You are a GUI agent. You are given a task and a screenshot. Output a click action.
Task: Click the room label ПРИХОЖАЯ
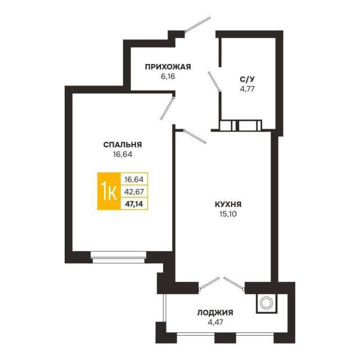click(168, 67)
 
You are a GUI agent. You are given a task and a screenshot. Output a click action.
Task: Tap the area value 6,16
click(168, 76)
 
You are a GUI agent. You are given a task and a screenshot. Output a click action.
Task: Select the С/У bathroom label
click(247, 79)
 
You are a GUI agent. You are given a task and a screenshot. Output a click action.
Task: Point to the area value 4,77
click(247, 89)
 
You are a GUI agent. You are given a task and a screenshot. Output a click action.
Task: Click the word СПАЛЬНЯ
click(123, 145)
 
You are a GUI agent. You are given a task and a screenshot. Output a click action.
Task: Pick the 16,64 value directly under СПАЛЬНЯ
click(123, 155)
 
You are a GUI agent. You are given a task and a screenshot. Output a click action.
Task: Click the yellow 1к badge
click(109, 191)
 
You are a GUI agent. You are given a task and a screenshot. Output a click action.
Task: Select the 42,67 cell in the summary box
click(134, 191)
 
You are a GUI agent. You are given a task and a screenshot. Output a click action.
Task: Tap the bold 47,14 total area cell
click(134, 204)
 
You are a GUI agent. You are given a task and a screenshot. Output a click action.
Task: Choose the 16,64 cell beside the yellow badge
click(134, 179)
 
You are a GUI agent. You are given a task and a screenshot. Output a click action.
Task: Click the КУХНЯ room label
click(228, 204)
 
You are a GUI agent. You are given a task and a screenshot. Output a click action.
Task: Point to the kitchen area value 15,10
click(228, 214)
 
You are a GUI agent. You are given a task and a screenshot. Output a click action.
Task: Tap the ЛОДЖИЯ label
click(215, 313)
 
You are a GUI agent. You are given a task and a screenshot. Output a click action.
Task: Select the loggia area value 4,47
click(215, 322)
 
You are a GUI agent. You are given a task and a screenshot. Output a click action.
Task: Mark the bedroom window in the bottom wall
click(119, 258)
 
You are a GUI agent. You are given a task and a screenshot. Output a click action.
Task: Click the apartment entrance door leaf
click(197, 24)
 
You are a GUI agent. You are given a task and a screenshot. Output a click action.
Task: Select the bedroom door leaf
click(168, 109)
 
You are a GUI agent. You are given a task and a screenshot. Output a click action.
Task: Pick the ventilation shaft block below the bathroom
click(240, 125)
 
